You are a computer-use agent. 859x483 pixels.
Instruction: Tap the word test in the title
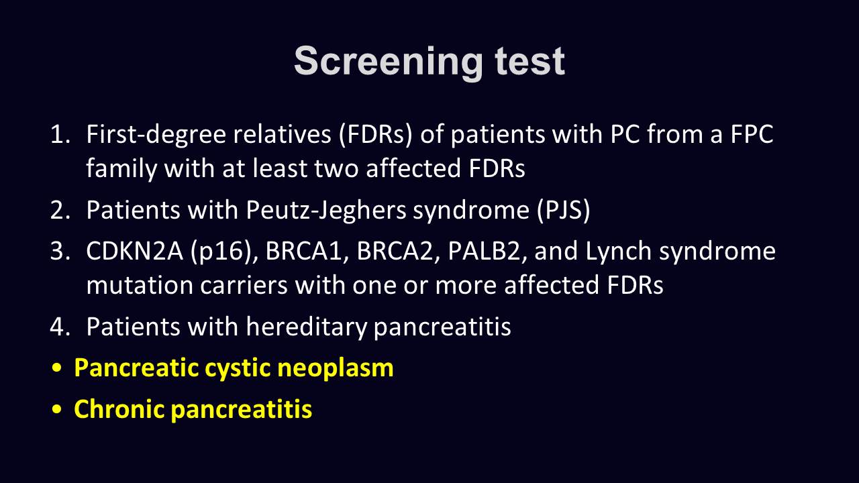530,61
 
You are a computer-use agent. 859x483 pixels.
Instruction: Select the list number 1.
60,134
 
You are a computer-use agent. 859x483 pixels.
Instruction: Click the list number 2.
60,210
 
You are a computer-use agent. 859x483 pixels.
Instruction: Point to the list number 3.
60,252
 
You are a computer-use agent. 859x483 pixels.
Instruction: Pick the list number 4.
60,327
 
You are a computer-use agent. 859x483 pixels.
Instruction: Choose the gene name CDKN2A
135,252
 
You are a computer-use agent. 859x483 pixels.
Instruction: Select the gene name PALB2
487,252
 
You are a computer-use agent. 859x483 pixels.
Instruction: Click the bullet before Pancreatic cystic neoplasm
56,368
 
